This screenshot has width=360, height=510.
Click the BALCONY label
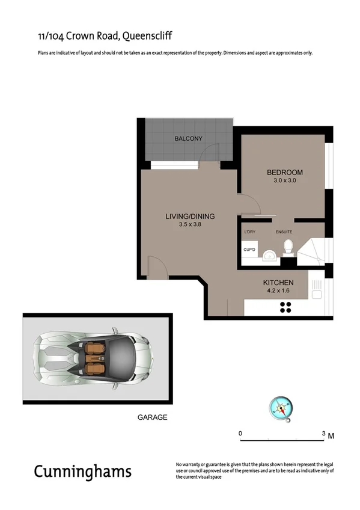[188, 139]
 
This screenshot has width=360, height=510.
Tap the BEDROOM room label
[284, 173]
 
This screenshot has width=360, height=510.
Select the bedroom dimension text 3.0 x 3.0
[284, 180]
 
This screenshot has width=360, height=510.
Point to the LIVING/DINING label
[190, 217]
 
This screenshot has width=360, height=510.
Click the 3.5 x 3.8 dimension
[190, 224]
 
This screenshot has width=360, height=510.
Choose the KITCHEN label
[278, 283]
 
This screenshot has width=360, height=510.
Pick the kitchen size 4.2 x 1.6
[278, 290]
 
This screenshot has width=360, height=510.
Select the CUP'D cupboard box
[249, 250]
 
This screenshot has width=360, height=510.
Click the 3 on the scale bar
[323, 433]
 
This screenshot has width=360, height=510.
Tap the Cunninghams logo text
[82, 471]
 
